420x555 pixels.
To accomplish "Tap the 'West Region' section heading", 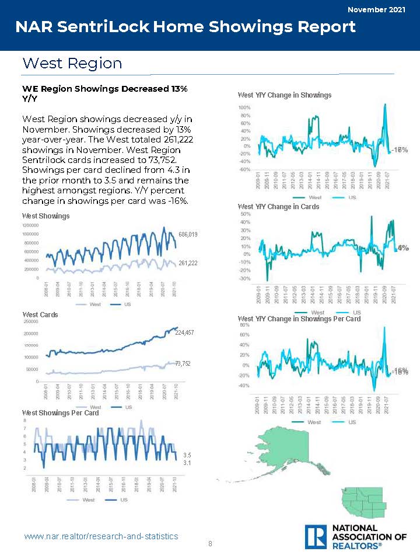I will (x=72, y=63).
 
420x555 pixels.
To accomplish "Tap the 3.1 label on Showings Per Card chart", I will (x=187, y=463).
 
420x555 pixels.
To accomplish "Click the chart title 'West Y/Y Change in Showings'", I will (x=285, y=95).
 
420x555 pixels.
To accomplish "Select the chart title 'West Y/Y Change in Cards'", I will (x=279, y=207).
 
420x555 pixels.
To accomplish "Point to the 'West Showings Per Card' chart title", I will (x=61, y=412).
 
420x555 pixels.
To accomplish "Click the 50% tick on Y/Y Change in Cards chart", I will (x=246, y=214).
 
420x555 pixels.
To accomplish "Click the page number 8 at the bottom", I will (x=210, y=544).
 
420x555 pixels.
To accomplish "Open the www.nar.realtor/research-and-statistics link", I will (x=101, y=536).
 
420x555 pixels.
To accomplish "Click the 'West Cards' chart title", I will (x=40, y=315).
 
